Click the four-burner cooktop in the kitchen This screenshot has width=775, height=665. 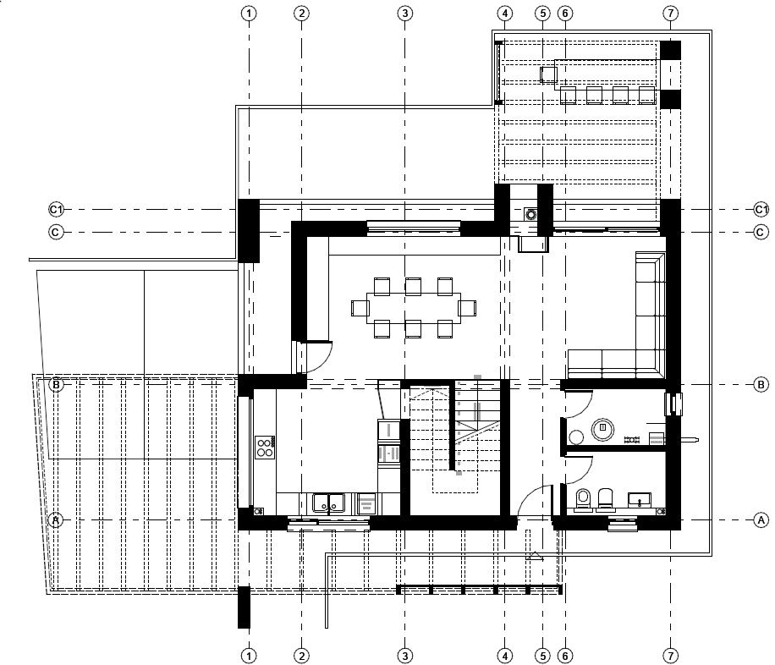point(265,448)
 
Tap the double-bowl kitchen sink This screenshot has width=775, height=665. point(328,503)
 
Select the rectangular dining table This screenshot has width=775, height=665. point(414,308)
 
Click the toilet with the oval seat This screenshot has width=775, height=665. point(583,498)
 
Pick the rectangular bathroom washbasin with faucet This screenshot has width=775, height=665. point(640,500)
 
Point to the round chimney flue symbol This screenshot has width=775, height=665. point(531,215)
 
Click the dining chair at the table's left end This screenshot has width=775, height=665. point(360,308)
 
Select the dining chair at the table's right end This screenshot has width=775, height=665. point(467,308)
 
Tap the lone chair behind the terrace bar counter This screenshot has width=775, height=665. point(548,74)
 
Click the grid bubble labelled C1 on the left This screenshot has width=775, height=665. point(56,210)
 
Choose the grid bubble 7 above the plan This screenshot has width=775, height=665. point(670,14)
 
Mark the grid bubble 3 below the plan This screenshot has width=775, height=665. point(404,656)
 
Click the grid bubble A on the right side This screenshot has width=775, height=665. point(761,520)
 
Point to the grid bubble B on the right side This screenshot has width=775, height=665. point(761,385)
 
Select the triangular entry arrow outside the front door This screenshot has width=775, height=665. point(535,556)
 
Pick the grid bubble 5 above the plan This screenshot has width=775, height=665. point(542,14)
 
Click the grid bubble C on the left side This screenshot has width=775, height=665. point(56,232)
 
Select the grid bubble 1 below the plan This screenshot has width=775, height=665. point(249,656)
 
